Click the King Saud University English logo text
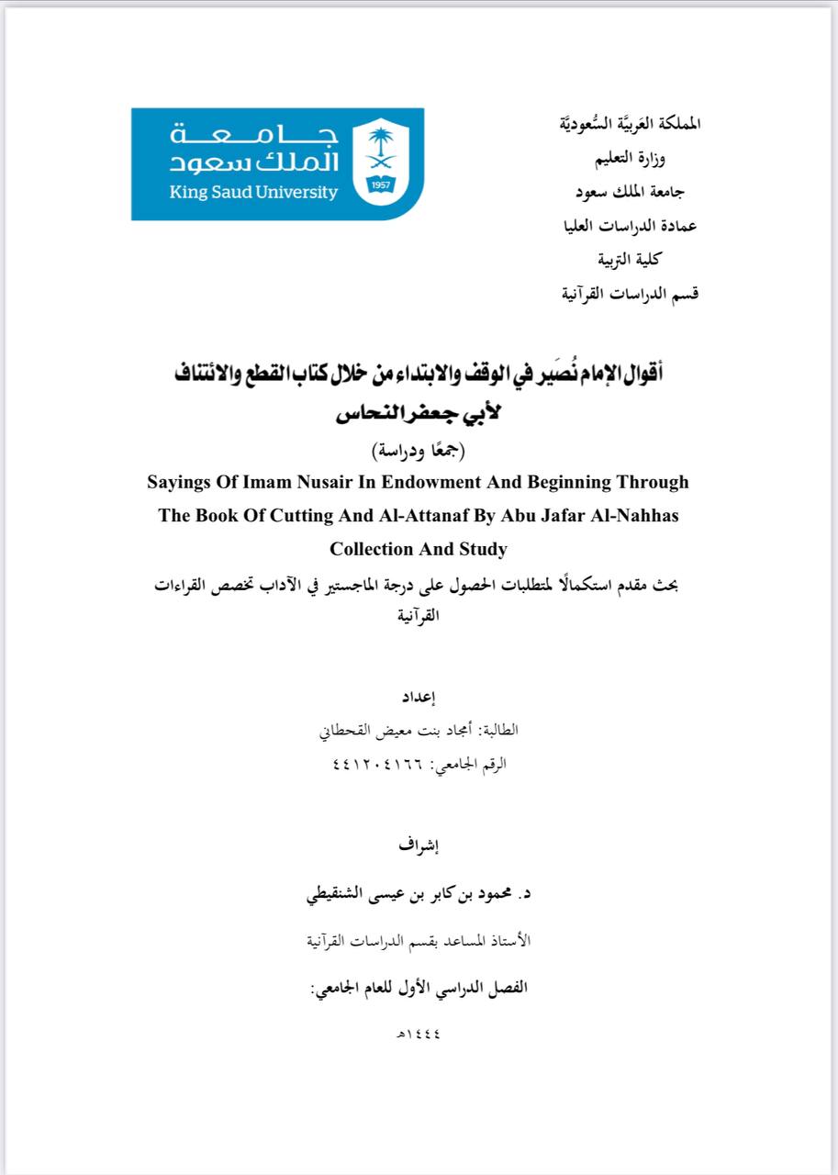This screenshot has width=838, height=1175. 253,193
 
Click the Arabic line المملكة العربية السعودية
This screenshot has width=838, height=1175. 629,123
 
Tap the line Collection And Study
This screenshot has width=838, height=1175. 419,549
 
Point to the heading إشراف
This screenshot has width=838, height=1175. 419,845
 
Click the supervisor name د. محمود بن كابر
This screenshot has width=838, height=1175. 419,893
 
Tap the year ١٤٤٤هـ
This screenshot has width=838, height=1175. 418,1035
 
